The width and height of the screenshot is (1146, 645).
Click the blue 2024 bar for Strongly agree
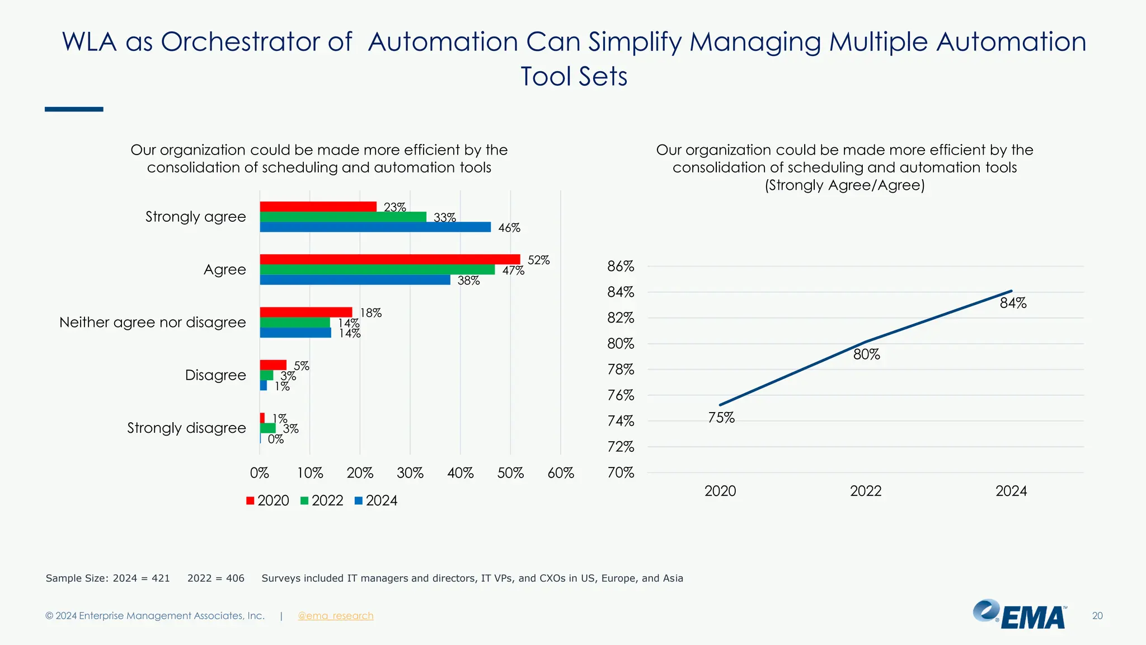click(x=375, y=227)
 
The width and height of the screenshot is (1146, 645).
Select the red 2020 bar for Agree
click(x=389, y=259)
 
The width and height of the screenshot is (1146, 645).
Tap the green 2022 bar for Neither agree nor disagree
click(x=295, y=322)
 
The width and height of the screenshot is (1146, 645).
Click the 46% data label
click(x=509, y=228)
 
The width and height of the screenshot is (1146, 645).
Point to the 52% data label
click(x=538, y=260)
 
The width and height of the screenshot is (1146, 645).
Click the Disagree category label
click(x=215, y=375)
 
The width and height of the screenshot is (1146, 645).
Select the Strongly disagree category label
click(x=186, y=428)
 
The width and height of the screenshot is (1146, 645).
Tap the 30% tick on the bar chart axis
click(x=410, y=473)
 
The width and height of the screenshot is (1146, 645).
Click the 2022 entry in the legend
click(x=327, y=501)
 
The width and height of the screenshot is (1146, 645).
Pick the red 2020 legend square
click(x=250, y=501)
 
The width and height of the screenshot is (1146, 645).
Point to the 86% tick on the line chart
click(x=621, y=267)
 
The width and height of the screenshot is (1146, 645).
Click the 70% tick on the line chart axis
click(x=621, y=473)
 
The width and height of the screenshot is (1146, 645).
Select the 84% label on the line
click(x=1013, y=303)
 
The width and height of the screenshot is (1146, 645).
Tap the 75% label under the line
click(x=721, y=418)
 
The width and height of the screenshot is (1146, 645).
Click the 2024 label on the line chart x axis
click(x=1011, y=491)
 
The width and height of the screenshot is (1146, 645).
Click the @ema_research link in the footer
click(x=335, y=616)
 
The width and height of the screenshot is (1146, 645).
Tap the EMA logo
click(x=1020, y=615)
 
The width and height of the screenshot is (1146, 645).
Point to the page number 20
click(x=1097, y=616)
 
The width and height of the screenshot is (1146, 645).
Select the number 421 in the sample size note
click(x=161, y=578)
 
